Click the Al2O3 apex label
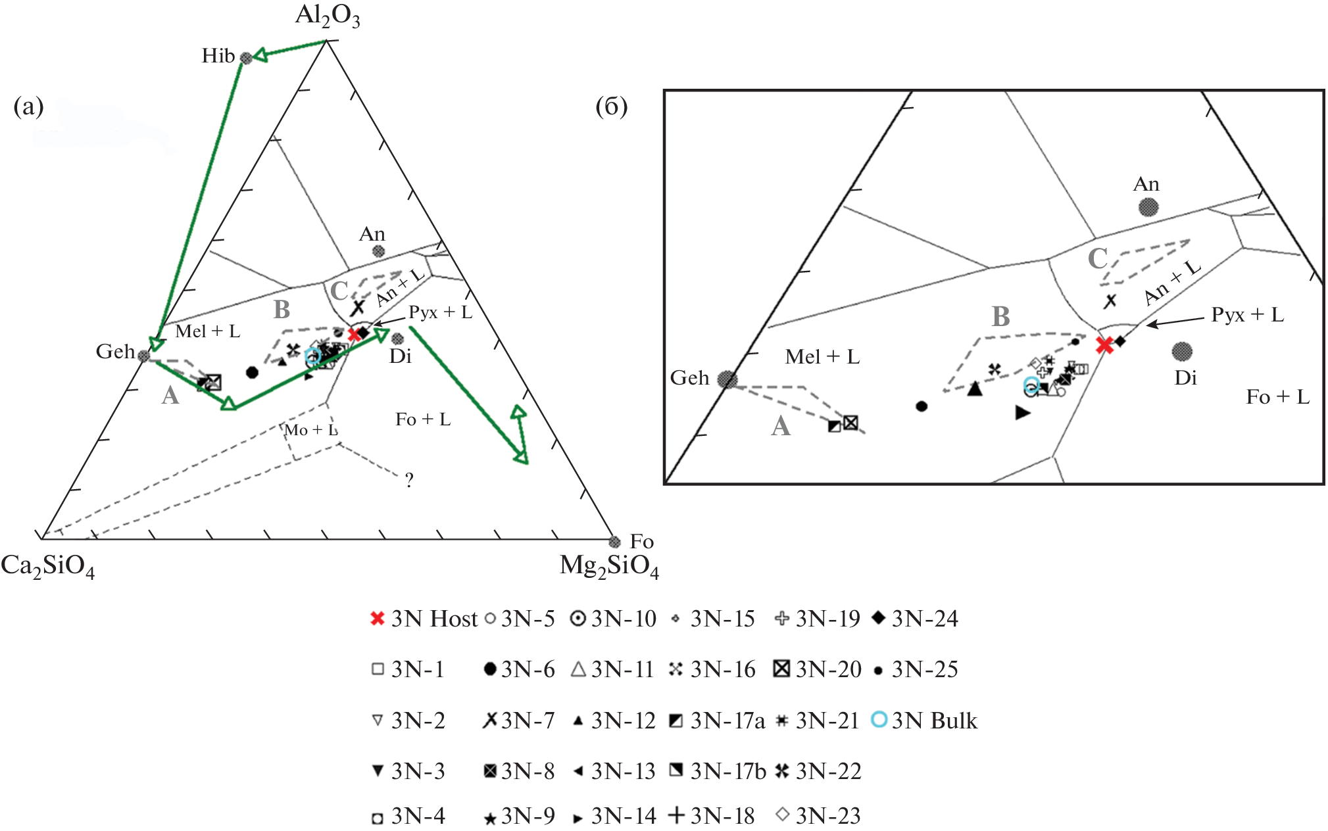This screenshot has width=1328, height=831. [327, 16]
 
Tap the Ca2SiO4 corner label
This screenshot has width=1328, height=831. [47, 566]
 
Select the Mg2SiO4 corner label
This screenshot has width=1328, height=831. [608, 566]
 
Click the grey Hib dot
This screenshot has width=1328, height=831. [246, 58]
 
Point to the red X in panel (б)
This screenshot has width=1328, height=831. [1104, 344]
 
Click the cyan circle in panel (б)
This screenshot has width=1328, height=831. [1031, 385]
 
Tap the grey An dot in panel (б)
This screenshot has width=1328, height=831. [1148, 208]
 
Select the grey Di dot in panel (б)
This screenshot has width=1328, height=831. [1182, 352]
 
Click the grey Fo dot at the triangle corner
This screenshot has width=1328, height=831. [614, 542]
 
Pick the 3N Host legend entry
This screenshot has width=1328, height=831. [424, 619]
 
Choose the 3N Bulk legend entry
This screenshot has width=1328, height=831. [924, 721]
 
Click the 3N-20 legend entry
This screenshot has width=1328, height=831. [818, 669]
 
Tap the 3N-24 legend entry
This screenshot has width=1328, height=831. [914, 619]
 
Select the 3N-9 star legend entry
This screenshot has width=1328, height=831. [519, 817]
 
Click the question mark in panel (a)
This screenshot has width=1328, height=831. [409, 481]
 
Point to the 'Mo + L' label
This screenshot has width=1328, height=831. [310, 430]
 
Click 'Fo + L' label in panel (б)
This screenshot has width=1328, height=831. [1277, 397]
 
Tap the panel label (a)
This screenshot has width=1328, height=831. [28, 106]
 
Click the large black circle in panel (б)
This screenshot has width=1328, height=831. [922, 406]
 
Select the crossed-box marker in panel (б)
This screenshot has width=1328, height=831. [850, 423]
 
